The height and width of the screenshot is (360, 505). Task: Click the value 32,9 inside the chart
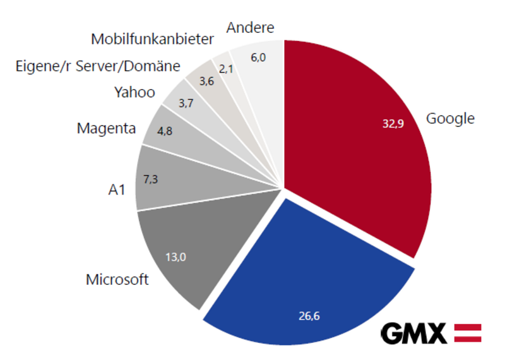[x=393, y=124]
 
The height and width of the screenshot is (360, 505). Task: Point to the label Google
[x=450, y=118]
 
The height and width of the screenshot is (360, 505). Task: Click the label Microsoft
[x=117, y=279]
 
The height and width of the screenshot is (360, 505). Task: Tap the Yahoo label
[x=134, y=92]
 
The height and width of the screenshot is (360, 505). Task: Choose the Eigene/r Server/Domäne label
[x=98, y=66]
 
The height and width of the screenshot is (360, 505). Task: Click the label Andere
[x=251, y=28]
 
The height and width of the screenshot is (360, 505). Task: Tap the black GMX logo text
[x=413, y=333]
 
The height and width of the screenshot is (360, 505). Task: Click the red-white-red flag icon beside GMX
[x=468, y=333]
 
